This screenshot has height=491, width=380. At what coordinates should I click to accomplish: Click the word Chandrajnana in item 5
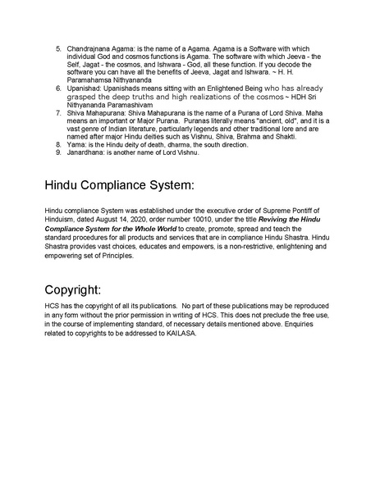(x=91, y=49)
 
